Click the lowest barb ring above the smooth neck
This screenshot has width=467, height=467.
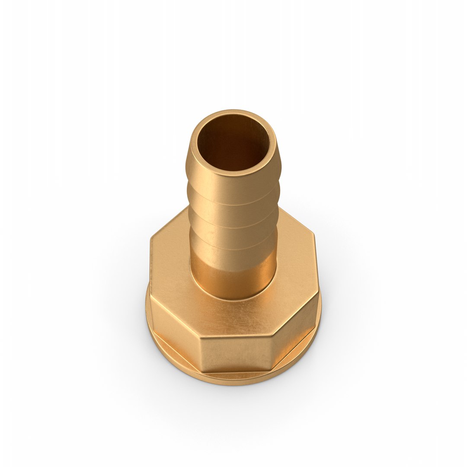point(233,251)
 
